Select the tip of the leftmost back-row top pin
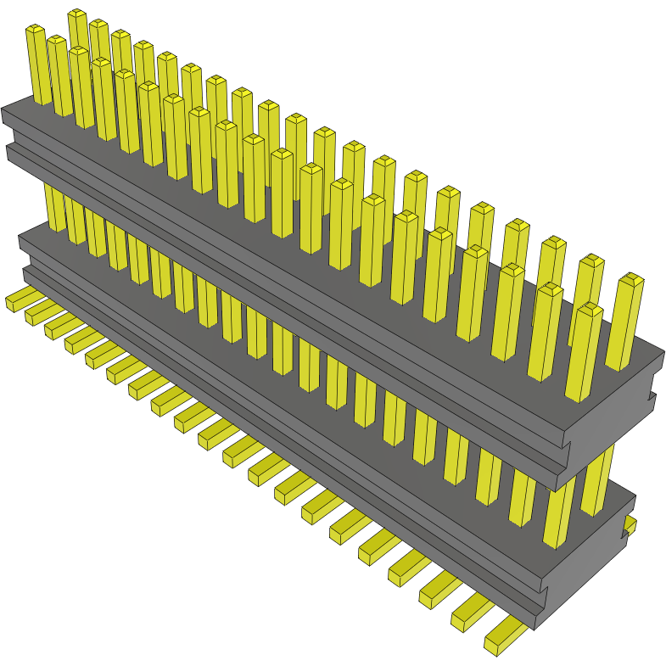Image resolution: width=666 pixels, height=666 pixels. click(77, 14)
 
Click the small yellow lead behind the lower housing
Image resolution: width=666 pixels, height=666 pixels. click(630, 524)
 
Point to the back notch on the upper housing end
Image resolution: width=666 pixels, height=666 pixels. click(654, 395)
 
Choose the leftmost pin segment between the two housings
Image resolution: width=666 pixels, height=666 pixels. click(54, 208)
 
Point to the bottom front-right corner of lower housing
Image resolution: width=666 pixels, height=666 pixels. click(534, 628)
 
